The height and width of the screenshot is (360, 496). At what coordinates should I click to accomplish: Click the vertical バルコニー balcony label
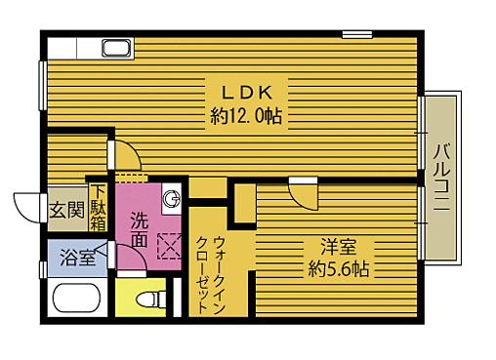pyautogui.click(x=441, y=178)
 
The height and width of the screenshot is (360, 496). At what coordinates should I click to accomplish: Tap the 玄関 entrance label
pyautogui.click(x=66, y=210)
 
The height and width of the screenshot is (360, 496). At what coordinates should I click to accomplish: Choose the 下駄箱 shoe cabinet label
pyautogui.click(x=99, y=208)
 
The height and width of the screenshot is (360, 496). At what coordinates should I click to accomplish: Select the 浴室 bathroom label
pyautogui.click(x=78, y=258)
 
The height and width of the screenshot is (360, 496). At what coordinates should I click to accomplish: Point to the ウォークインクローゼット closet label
pyautogui.click(x=218, y=273)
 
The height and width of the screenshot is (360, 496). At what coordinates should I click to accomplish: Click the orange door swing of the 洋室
pyautogui.click(x=304, y=192)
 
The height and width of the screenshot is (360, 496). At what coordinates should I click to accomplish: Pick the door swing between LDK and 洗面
pyautogui.click(x=125, y=157)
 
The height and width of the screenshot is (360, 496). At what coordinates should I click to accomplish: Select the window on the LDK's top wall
pyautogui.click(x=356, y=34)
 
